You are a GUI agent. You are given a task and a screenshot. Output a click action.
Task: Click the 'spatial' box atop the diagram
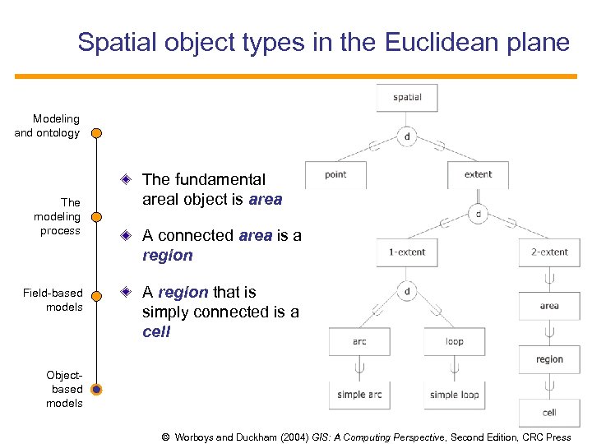407,97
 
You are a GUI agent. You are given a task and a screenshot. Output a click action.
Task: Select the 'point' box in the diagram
335,174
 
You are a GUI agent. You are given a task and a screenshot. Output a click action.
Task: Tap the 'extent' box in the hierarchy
478,174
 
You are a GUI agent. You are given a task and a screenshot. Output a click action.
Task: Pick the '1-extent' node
407,252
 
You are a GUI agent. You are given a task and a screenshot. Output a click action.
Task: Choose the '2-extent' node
549,252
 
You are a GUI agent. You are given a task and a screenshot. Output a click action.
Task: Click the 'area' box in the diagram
549,306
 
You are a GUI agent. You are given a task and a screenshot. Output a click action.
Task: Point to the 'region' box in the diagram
549,359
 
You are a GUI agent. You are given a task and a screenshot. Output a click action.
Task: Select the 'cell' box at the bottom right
549,412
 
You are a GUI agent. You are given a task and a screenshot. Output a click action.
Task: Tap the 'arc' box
359,341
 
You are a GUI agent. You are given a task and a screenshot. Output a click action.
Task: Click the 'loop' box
455,341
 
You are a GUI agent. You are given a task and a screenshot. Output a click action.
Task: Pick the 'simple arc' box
359,395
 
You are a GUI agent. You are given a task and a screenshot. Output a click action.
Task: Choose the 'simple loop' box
455,395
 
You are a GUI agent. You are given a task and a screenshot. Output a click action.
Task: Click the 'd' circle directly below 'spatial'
407,136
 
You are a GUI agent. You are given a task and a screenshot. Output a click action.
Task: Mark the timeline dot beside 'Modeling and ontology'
97,132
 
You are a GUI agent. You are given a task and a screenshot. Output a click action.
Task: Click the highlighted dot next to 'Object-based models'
97,389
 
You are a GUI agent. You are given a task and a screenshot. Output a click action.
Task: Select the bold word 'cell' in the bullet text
156,332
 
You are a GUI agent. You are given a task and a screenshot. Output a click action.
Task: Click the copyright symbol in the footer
166,437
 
